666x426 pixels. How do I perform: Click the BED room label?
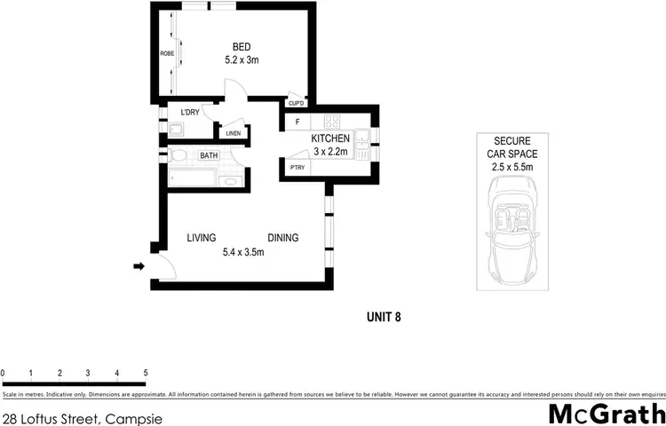(241, 46)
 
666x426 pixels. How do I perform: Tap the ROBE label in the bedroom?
(166, 54)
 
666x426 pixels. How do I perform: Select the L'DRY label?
(189, 113)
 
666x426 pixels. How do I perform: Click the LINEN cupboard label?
(233, 133)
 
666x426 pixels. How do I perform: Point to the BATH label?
(209, 155)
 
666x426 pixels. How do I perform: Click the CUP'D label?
(297, 104)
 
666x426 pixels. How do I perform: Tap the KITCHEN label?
(330, 139)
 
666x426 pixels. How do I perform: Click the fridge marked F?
(297, 122)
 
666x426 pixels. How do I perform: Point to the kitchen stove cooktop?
(333, 122)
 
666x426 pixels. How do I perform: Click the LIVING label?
(202, 238)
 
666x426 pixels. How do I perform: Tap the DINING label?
(283, 238)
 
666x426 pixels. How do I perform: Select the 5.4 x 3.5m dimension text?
(243, 253)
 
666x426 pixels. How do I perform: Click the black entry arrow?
(139, 265)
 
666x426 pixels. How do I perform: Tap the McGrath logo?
(604, 414)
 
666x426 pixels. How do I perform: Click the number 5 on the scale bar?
(145, 373)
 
